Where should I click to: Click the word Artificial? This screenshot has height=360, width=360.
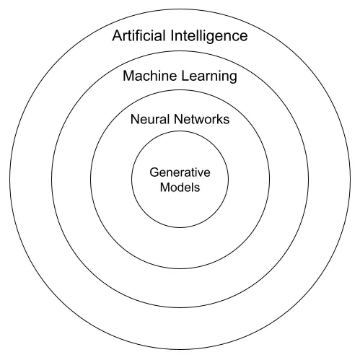click(139, 35)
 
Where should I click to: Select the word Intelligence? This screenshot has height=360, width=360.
click(209, 37)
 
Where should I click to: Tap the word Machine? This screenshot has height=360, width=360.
click(150, 76)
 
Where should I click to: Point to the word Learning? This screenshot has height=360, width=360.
click(209, 76)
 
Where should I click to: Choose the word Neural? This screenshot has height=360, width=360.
click(150, 119)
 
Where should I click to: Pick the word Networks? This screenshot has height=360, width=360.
click(201, 119)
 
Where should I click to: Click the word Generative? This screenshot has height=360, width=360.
click(180, 172)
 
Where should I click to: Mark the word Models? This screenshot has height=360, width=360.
click(180, 187)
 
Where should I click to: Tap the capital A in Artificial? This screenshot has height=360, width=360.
click(117, 36)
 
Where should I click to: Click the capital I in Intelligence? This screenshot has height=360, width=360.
click(172, 36)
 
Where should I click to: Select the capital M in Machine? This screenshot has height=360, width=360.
click(128, 76)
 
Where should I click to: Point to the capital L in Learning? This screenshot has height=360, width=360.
click(185, 76)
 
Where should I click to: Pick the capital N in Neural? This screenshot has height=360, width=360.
click(135, 119)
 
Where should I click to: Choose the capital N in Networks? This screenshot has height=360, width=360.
click(178, 119)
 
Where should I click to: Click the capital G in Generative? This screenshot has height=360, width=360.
click(154, 172)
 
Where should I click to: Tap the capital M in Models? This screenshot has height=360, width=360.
click(165, 187)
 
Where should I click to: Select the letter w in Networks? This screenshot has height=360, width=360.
click(201, 120)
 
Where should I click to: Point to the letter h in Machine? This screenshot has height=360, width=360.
click(158, 76)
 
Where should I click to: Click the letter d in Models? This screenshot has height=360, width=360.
click(182, 187)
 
